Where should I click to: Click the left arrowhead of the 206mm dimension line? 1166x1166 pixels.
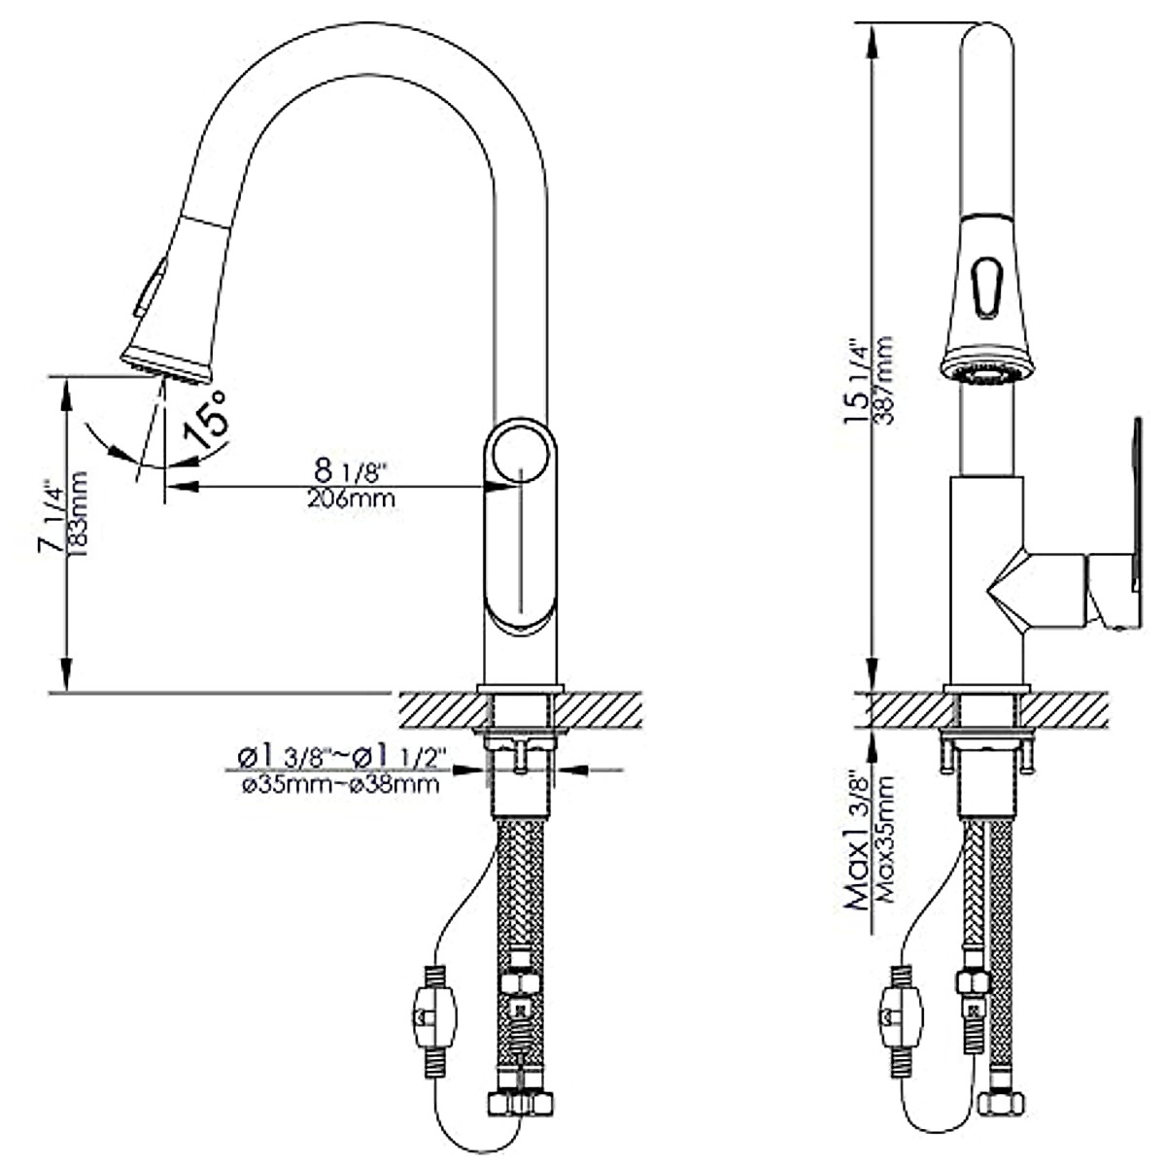coord(176,485)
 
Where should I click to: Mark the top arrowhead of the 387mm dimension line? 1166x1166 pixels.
coord(873,32)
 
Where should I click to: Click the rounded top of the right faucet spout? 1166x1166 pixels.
coord(988,39)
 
